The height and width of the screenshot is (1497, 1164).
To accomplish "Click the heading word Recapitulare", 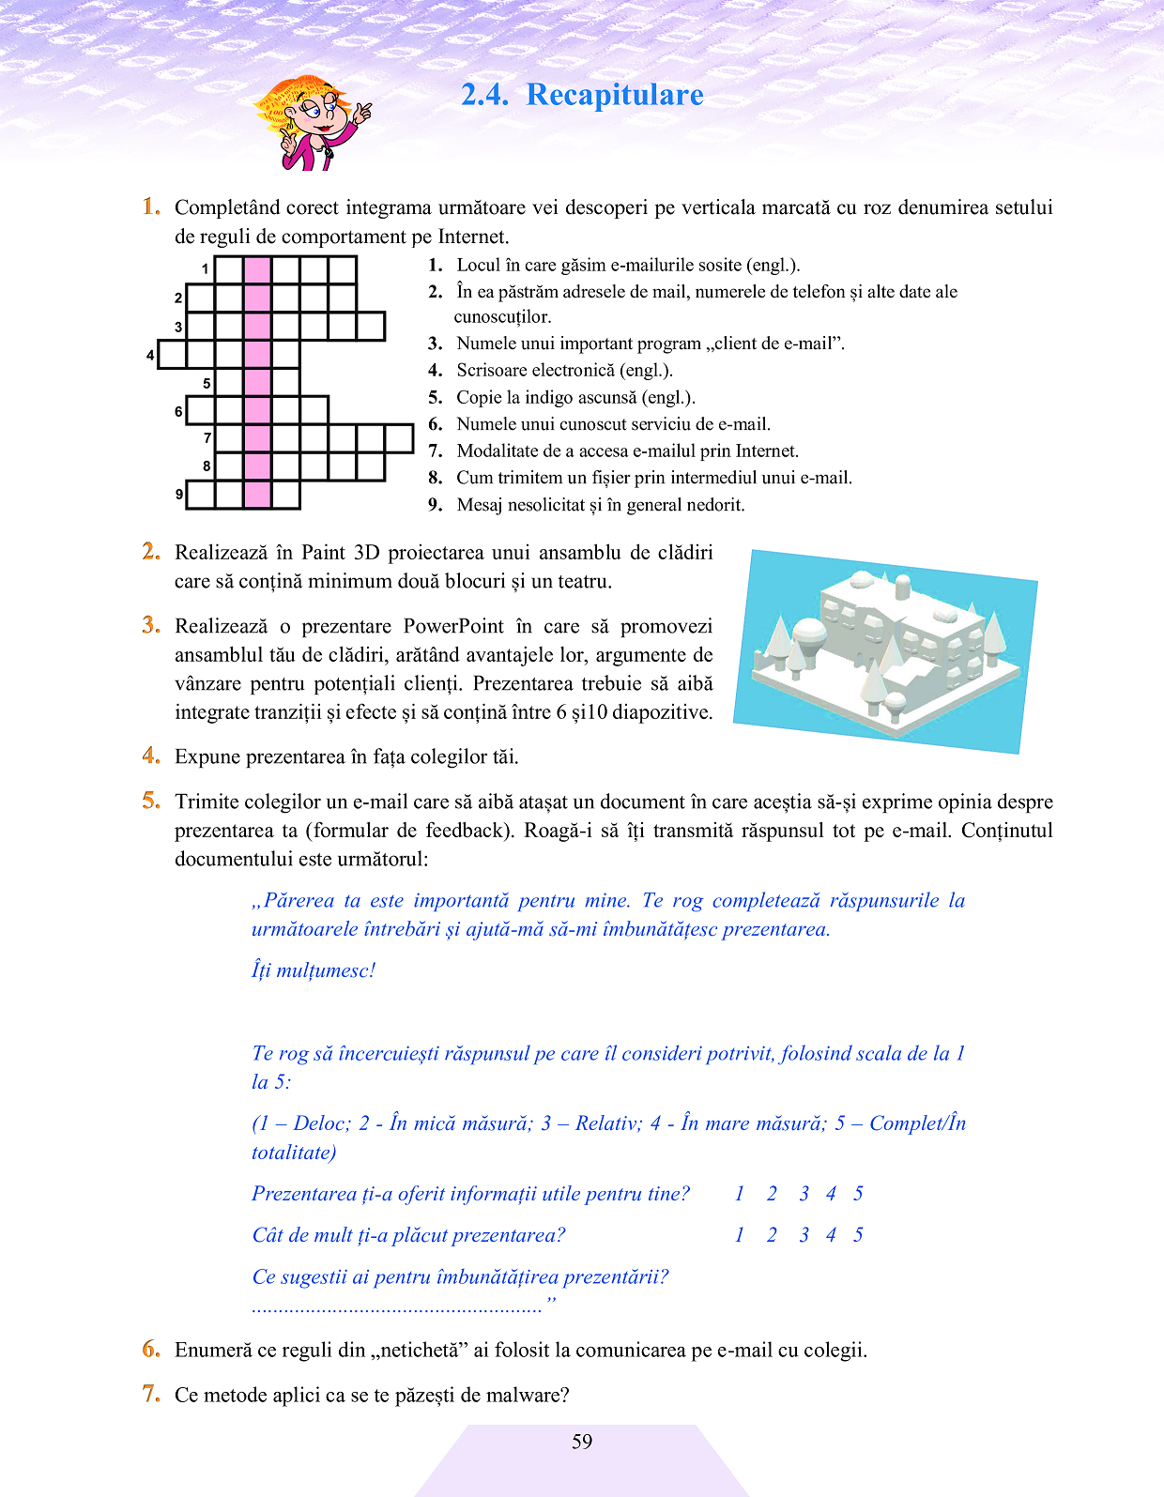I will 615,95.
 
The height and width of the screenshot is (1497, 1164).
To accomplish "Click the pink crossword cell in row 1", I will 257,270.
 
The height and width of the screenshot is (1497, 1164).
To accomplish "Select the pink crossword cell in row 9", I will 257,495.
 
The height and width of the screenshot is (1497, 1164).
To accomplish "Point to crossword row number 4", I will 150,356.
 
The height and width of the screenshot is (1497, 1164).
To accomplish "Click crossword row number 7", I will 207,437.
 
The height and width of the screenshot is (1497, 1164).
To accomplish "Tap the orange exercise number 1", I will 151,206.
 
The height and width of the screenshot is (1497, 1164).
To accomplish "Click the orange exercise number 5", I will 151,801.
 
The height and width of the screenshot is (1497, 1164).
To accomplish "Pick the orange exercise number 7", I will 151,1394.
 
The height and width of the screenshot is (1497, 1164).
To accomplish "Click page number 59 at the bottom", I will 582,1442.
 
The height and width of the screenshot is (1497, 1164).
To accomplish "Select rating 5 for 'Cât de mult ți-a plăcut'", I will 858,1235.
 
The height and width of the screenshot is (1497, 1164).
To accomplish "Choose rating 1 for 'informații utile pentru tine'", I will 740,1194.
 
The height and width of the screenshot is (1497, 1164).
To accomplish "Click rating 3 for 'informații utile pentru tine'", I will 804,1194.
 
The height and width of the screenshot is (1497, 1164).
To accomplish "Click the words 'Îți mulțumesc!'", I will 314,970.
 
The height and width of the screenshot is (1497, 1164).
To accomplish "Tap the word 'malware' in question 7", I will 527,1395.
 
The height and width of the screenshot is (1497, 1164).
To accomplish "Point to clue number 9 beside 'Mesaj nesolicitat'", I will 436,505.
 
